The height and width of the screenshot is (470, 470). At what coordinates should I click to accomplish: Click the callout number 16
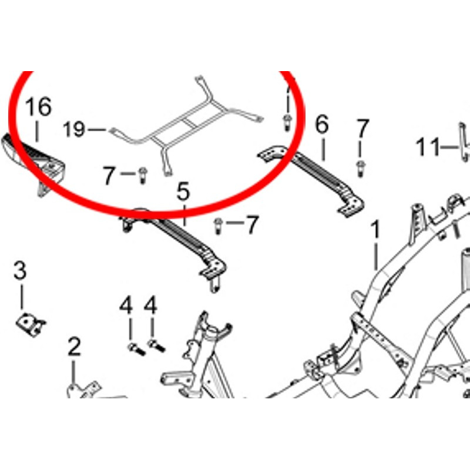[x=38, y=107]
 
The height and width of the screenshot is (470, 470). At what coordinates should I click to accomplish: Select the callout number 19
[x=75, y=129]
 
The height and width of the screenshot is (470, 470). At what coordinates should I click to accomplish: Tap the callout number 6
[x=322, y=125]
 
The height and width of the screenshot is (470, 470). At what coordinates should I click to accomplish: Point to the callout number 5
[x=183, y=192]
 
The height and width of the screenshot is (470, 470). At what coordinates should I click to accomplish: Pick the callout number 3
[x=20, y=271]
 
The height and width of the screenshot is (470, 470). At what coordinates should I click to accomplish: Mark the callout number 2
[x=74, y=347]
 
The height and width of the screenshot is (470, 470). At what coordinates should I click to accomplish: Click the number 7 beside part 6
[x=362, y=129]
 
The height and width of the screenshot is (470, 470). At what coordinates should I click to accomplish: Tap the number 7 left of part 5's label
[x=109, y=176]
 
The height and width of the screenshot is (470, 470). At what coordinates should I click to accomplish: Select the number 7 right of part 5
[x=252, y=224]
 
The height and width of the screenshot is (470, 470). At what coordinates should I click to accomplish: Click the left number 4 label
[x=126, y=305]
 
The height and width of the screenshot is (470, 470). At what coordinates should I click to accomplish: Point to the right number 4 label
[x=150, y=305]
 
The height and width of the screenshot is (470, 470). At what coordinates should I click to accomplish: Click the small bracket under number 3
[x=31, y=325]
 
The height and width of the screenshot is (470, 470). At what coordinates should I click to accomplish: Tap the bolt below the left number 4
[x=136, y=349]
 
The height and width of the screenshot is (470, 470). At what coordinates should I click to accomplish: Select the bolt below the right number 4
[x=156, y=345]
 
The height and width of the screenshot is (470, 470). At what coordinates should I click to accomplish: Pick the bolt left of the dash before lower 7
[x=218, y=226]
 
